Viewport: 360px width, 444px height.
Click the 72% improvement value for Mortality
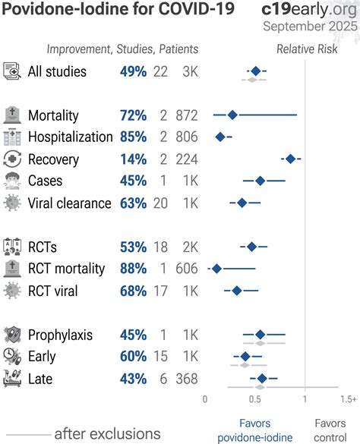tap(133, 115)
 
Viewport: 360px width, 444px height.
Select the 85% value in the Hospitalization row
tap(133, 137)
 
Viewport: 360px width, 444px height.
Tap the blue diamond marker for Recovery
tap(289, 159)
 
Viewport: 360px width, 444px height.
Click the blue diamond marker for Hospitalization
tap(220, 137)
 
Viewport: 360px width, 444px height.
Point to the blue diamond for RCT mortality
tap(216, 269)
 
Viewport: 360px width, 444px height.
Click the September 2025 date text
tap(310, 27)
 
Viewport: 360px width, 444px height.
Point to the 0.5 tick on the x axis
tap(255, 398)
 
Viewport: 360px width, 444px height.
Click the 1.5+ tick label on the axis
tap(348, 398)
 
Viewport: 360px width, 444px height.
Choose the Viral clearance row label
tap(69, 203)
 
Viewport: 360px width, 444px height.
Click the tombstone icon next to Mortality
tap(12, 115)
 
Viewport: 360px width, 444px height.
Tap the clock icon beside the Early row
tap(12, 357)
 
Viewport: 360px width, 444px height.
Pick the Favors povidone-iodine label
tap(254, 430)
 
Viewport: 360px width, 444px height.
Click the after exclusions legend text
tap(107, 433)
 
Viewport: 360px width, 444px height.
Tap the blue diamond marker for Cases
tap(260, 181)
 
